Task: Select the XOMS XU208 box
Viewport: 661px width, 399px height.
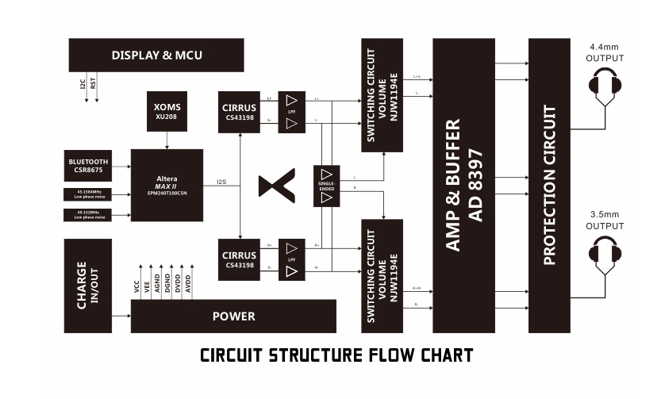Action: click(x=167, y=110)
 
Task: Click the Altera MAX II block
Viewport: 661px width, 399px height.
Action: click(x=167, y=184)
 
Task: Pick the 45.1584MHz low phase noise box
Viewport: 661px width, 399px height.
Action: click(x=88, y=194)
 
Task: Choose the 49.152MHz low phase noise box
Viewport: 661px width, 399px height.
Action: click(x=88, y=215)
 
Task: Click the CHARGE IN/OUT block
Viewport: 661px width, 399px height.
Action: click(x=87, y=286)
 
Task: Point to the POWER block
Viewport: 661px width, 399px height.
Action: click(x=233, y=317)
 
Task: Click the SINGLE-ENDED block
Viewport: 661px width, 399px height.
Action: click(x=327, y=186)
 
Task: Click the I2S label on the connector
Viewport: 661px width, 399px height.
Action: click(x=221, y=183)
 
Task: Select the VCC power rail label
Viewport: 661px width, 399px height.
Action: click(x=137, y=287)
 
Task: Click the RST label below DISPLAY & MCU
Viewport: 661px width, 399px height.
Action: click(x=94, y=83)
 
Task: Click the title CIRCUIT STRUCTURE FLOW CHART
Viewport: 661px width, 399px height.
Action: click(x=336, y=355)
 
